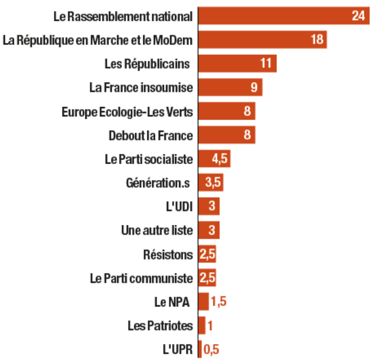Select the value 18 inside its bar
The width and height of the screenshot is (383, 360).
(x=317, y=39)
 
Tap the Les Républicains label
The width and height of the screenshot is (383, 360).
(x=147, y=63)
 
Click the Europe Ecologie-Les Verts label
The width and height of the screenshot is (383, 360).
(x=127, y=112)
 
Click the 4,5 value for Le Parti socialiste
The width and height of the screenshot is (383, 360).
(x=220, y=159)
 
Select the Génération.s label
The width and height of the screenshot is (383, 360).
(x=157, y=183)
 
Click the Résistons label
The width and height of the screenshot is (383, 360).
(x=168, y=254)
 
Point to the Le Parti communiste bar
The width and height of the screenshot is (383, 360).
(x=207, y=278)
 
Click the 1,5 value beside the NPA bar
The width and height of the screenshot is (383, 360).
(x=218, y=302)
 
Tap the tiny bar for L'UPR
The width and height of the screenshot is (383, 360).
(x=200, y=350)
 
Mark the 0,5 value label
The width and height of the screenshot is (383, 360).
(x=211, y=350)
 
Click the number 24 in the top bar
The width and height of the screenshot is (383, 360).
(x=358, y=16)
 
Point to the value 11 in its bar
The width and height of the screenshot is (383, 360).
(x=266, y=63)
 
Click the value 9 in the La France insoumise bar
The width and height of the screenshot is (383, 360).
(x=254, y=88)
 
